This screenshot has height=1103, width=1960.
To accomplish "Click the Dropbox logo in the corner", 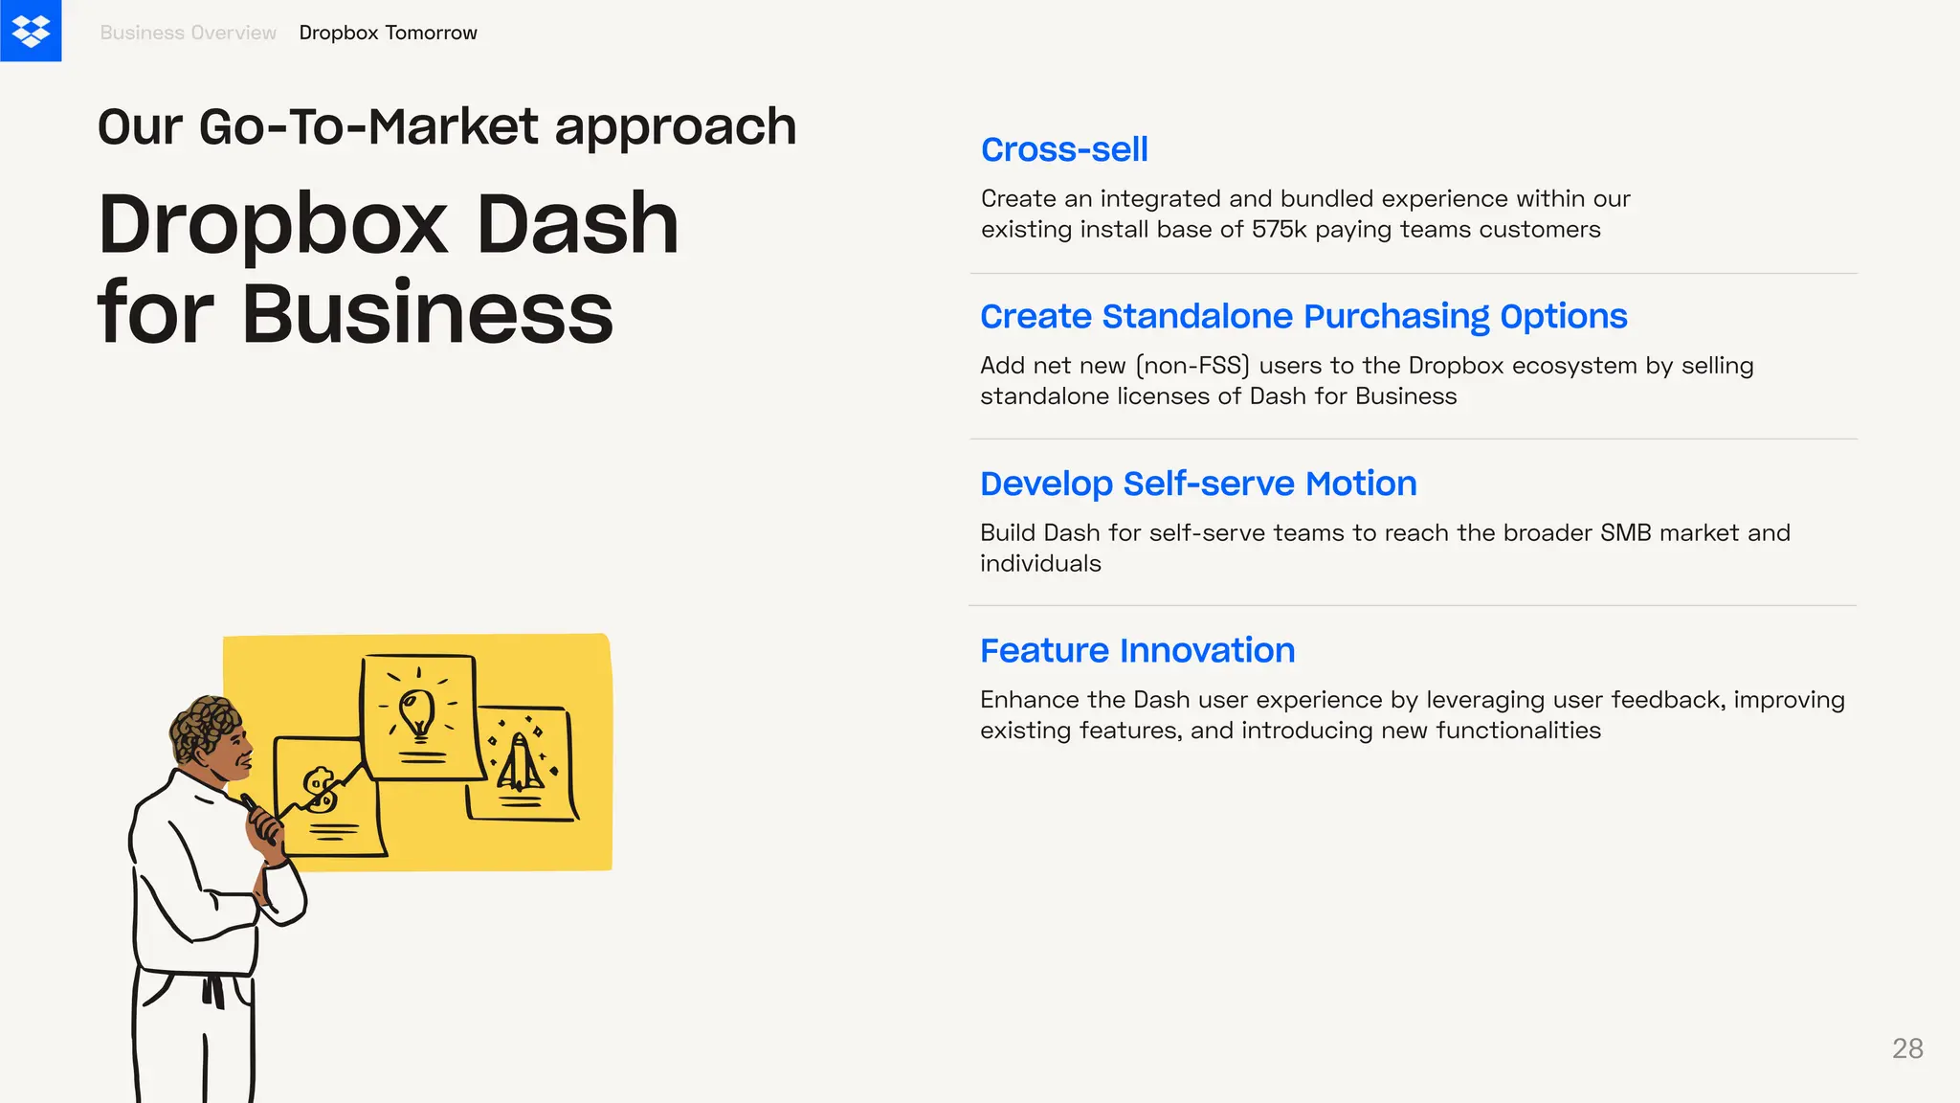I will click(31, 31).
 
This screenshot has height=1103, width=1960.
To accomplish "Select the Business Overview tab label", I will click(188, 33).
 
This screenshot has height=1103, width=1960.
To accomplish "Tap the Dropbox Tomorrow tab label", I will click(388, 33).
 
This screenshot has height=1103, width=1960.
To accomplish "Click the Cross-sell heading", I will click(1064, 149).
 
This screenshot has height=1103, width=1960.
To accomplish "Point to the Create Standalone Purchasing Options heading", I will click(1303, 316).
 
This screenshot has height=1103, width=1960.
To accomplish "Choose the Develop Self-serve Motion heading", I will click(1198, 484).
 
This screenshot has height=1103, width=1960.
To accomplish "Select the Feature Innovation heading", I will click(1137, 650).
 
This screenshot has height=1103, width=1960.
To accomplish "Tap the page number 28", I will click(1907, 1048).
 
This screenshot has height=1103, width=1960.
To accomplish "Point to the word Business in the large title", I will click(427, 313).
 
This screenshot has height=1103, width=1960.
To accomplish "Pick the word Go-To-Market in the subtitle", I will click(369, 126).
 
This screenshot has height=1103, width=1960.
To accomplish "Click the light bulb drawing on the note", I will click(417, 714).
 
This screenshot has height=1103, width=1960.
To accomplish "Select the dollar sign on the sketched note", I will click(320, 790).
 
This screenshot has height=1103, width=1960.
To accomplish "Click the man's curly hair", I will click(204, 725).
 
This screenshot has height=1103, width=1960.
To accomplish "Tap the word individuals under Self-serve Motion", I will click(1040, 564).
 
